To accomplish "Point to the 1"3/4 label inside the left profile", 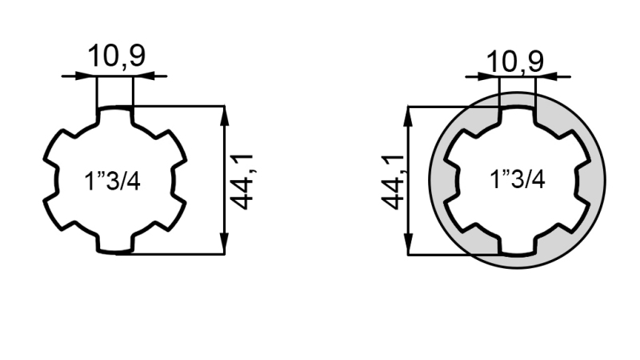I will (113, 181).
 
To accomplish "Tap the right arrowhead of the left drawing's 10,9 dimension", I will (141, 76).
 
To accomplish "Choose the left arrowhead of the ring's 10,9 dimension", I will (490, 77).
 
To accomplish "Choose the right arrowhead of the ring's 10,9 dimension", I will (544, 77).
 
